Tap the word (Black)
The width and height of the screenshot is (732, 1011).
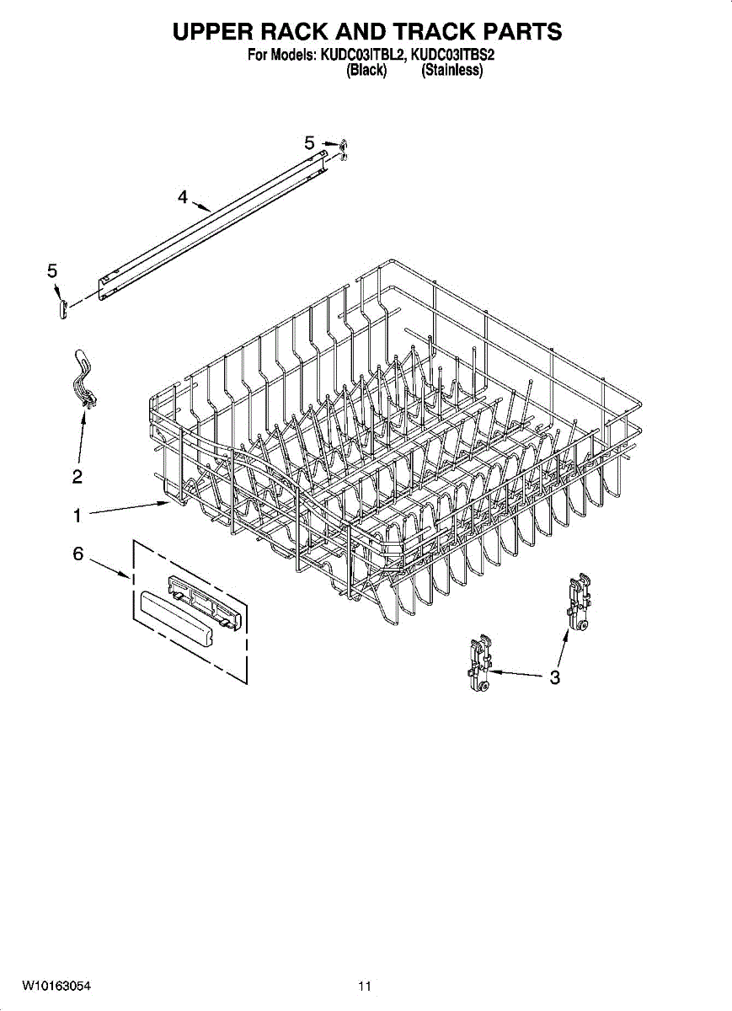[366, 72]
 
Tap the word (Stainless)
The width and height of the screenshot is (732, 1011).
[452, 72]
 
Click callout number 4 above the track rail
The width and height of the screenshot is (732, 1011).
[183, 197]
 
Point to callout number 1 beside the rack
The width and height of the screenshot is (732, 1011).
[77, 514]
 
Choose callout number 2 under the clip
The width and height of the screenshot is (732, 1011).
[77, 477]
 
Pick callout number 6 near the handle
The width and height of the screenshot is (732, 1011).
[77, 554]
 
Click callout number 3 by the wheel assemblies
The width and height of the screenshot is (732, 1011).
[554, 677]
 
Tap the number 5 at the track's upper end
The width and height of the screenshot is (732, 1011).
[309, 143]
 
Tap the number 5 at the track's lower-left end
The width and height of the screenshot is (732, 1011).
[52, 270]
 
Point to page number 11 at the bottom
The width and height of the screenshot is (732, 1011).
[364, 986]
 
